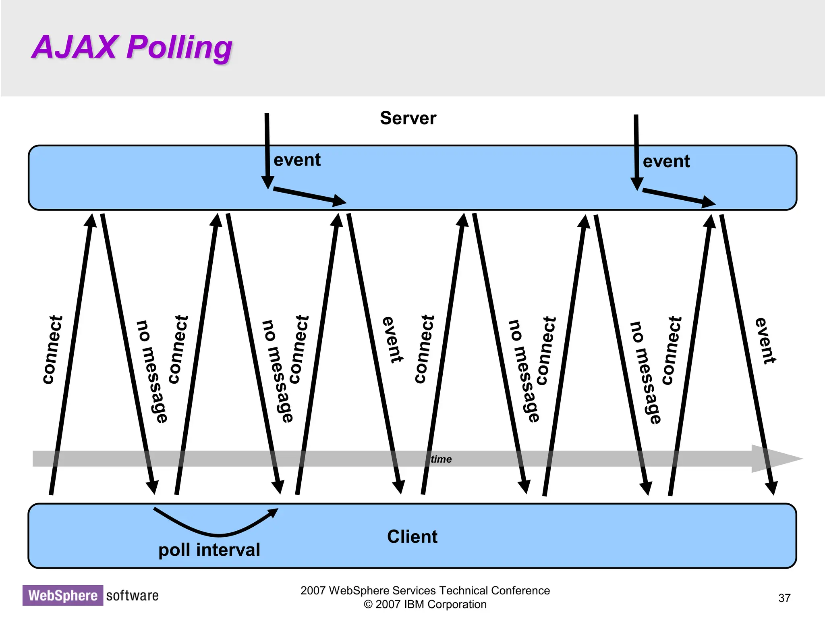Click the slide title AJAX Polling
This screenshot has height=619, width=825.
click(132, 47)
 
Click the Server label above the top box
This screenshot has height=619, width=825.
click(408, 118)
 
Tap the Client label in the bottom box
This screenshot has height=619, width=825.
click(412, 537)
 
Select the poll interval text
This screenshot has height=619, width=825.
click(209, 550)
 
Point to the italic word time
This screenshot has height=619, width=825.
click(441, 459)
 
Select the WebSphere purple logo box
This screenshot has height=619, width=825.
click(63, 595)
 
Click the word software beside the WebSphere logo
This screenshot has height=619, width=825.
click(132, 595)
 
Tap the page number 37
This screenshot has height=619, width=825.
click(784, 598)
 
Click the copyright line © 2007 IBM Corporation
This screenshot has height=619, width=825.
click(425, 604)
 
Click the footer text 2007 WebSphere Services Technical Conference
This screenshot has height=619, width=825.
click(425, 590)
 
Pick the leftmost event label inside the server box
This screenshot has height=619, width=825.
click(297, 160)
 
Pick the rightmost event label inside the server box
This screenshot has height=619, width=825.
click(666, 162)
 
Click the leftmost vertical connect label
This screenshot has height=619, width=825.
click(52, 350)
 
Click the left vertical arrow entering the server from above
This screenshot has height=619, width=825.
click(267, 149)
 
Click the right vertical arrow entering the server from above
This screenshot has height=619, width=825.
click(636, 151)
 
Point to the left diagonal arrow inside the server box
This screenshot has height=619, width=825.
click(309, 195)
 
